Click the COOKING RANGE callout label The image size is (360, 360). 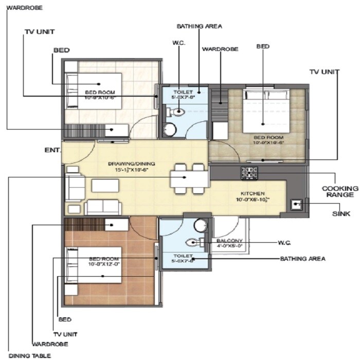point(337,192)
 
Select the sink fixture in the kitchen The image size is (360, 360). point(297,205)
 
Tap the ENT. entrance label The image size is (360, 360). point(52,150)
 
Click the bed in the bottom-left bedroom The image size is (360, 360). point(93,263)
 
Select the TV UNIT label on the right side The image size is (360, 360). point(324,71)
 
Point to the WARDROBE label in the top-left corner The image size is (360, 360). point(22,8)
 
